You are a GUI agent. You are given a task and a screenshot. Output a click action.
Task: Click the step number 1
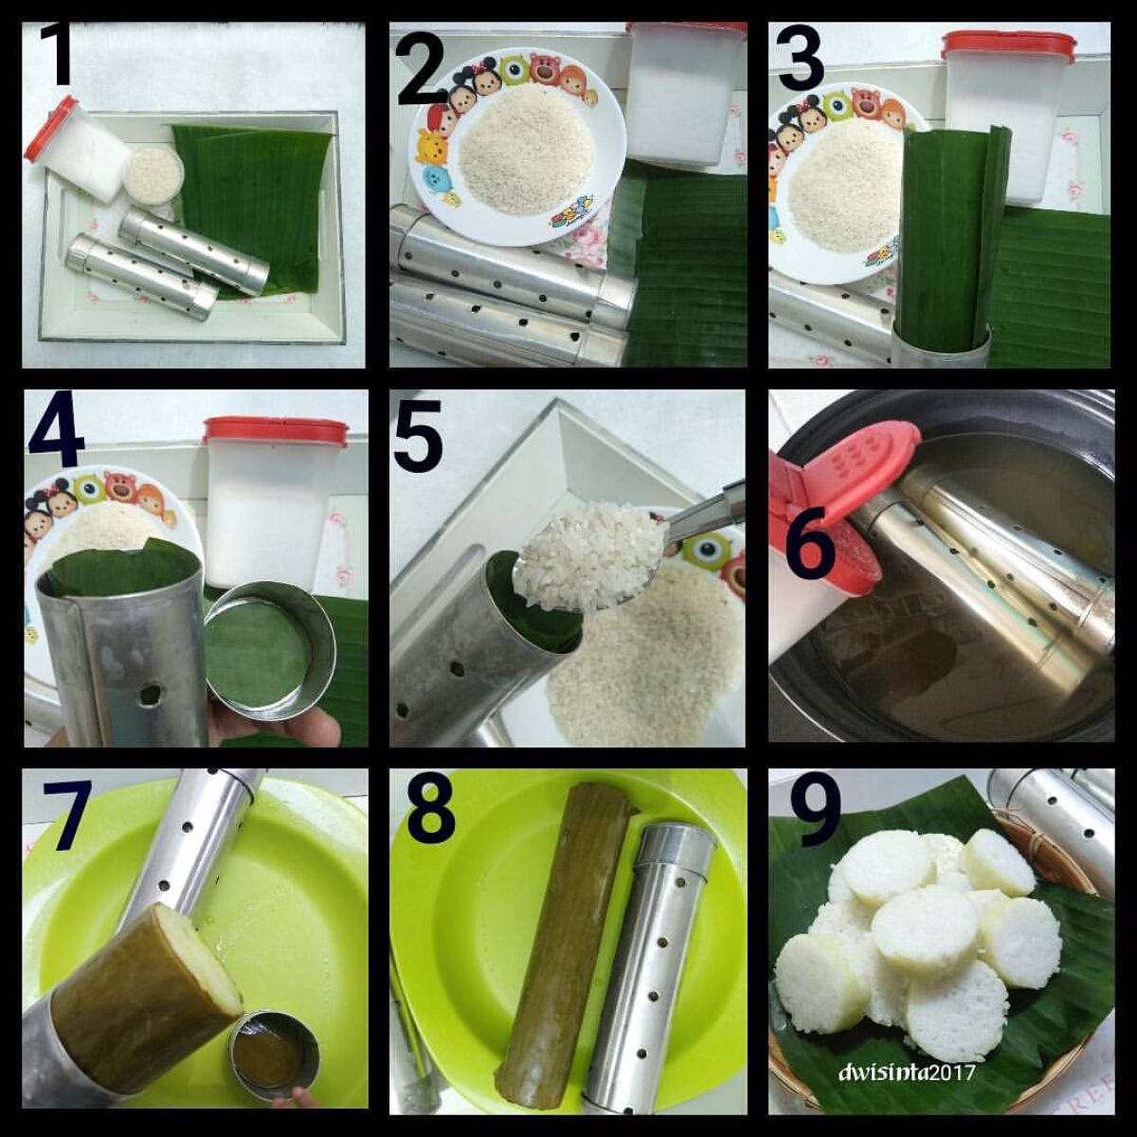(57, 55)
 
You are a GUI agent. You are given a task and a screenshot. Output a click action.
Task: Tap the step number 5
(418, 434)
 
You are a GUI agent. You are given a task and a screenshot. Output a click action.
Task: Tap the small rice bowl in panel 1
(153, 176)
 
